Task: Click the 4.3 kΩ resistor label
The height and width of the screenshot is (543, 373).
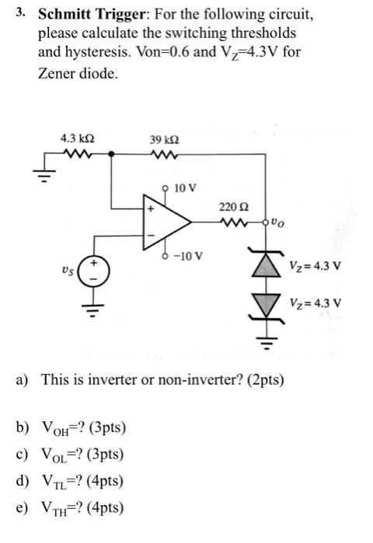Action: (78, 138)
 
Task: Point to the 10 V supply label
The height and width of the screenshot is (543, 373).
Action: (186, 188)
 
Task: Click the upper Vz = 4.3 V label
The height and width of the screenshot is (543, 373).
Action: (315, 266)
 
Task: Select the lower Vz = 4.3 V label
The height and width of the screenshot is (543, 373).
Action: (315, 303)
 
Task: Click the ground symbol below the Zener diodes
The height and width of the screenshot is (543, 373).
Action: (267, 342)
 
